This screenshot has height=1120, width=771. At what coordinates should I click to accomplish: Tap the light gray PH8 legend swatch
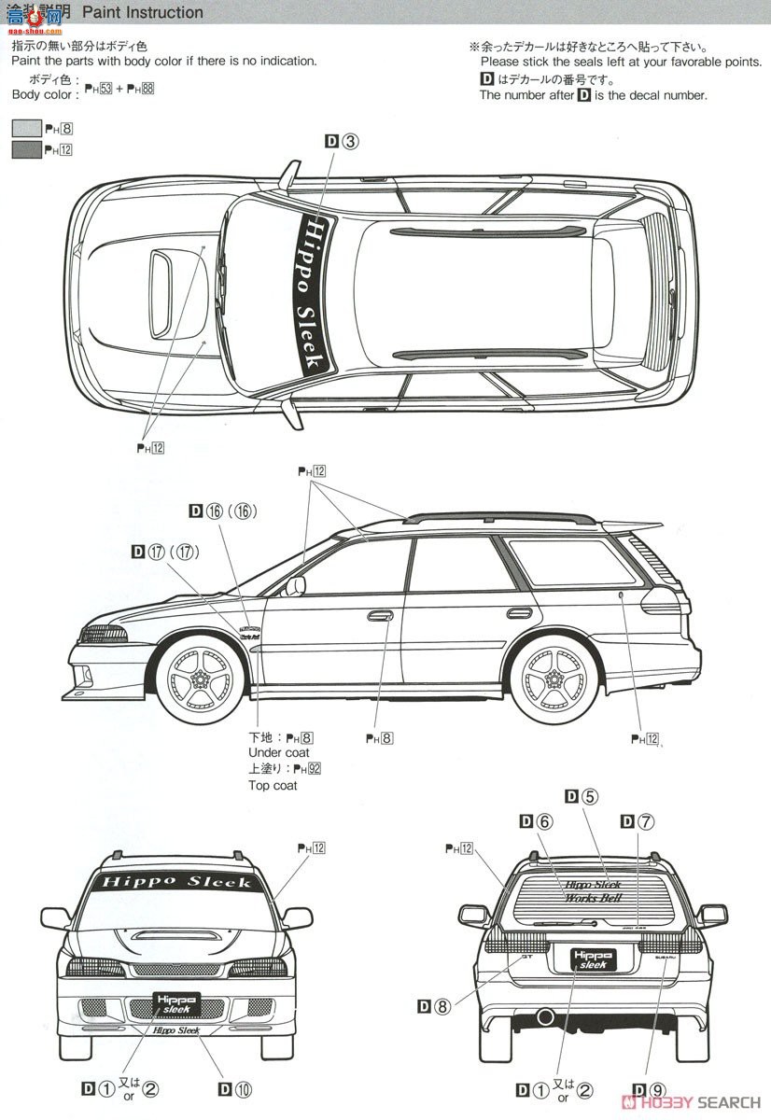pos(26,130)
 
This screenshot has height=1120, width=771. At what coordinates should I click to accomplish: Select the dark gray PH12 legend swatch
pos(26,150)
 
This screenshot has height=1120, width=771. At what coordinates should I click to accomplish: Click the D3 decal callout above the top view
pos(342,142)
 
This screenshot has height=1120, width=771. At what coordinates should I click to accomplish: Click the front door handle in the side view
pos(380,616)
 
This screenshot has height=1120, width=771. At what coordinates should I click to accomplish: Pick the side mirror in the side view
pos(295,585)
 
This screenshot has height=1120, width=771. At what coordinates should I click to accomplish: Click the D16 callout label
pos(222,511)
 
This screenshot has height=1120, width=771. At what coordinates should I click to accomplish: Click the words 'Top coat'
pos(273,786)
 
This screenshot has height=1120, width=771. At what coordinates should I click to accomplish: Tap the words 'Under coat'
pos(278,752)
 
